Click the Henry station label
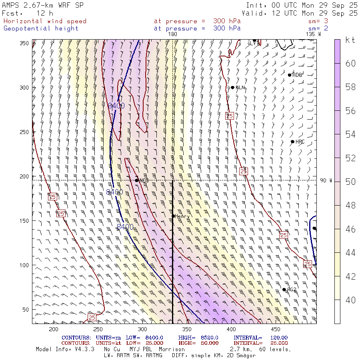(182, 216)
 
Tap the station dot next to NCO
(137, 180)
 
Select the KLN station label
(240, 88)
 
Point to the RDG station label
(297, 75)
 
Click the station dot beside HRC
(292, 142)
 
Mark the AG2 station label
(292, 290)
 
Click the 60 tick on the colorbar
(350, 64)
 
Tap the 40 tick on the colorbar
(350, 300)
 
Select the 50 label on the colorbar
(350, 182)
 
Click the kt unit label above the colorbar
(350, 40)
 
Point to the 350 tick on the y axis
(26, 43)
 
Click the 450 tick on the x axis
(274, 329)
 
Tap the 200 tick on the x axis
(53, 329)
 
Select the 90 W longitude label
(326, 180)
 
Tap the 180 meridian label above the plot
(172, 34)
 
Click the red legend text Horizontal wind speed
(45, 21)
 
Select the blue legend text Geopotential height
(41, 28)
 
